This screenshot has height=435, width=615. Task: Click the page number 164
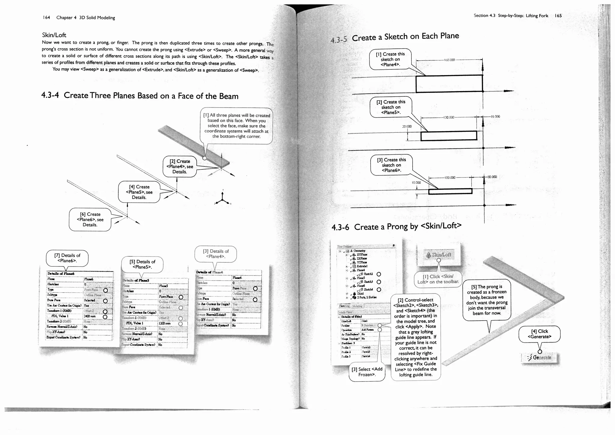[x=46, y=17]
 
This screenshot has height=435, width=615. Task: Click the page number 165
[x=558, y=16]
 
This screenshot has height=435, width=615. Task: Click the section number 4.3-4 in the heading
[x=50, y=95]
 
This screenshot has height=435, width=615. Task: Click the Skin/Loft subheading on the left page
[x=54, y=35]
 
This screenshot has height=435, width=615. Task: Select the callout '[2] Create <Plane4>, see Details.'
[x=180, y=166]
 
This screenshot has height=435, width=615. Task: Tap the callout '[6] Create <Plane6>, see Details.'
[x=90, y=220]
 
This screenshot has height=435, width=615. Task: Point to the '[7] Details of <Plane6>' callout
[x=67, y=258]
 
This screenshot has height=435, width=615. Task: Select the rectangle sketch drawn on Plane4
[x=449, y=84]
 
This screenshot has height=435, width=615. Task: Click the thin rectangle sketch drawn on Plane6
[x=450, y=191]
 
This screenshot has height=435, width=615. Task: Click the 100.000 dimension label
[x=450, y=178]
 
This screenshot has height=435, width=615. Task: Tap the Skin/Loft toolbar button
[x=439, y=255]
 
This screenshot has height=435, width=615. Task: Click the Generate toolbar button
[x=540, y=357]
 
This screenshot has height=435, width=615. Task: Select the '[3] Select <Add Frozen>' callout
[x=367, y=372]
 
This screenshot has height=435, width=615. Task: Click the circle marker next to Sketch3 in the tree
[x=379, y=282]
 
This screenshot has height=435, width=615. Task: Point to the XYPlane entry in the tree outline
[x=362, y=254]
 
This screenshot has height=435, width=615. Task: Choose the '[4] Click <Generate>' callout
[x=539, y=334]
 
